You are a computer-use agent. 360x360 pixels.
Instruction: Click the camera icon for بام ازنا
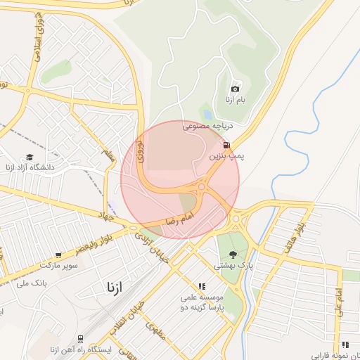[235, 89]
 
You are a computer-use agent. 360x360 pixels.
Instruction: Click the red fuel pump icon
[226, 146]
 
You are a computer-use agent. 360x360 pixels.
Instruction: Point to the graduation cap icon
[30, 157]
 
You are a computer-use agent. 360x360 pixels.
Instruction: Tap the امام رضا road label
[179, 221]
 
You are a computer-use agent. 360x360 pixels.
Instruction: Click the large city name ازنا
[112, 288]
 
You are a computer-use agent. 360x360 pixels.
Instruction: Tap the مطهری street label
[156, 330]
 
